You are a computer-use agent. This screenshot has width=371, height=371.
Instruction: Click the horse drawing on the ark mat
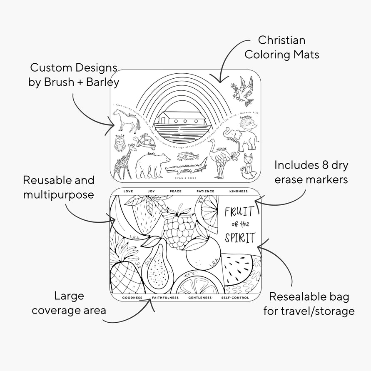tap(126, 122)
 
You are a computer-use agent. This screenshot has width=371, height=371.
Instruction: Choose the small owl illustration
tap(120, 144)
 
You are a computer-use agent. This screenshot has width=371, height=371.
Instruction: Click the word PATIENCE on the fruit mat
tap(205, 192)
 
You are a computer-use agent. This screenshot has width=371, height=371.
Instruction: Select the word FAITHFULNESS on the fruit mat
tap(165, 298)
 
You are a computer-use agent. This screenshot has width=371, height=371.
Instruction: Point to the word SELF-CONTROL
tap(235, 298)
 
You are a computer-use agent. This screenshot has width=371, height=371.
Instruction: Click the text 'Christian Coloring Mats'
tap(281, 47)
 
